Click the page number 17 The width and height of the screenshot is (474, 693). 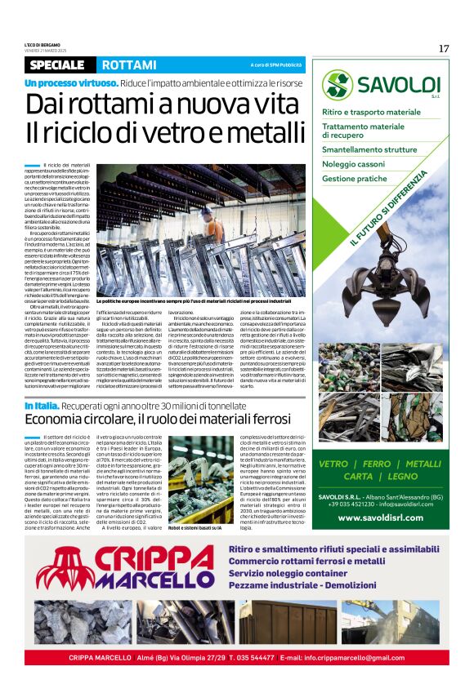[444, 48]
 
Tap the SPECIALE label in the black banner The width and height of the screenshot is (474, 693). [57, 64]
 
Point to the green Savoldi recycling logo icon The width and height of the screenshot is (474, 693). [337, 85]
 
